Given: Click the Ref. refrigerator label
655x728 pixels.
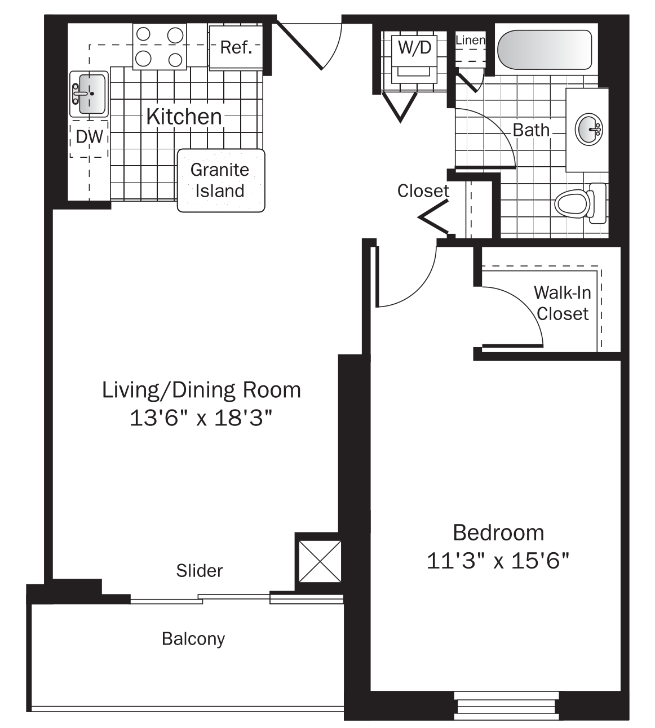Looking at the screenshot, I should pyautogui.click(x=236, y=47).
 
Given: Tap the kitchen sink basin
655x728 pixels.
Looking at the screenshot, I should pyautogui.click(x=89, y=94).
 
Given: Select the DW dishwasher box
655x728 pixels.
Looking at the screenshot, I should pyautogui.click(x=89, y=137).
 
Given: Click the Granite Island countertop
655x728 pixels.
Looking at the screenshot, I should pyautogui.click(x=220, y=180).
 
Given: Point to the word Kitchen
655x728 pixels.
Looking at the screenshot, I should pyautogui.click(x=184, y=117).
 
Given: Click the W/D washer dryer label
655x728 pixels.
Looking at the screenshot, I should pyautogui.click(x=414, y=47).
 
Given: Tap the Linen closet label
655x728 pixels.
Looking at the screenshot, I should pyautogui.click(x=470, y=41).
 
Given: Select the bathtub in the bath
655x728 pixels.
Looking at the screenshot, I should pyautogui.click(x=545, y=50).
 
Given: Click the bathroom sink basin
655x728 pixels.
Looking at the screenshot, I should pyautogui.click(x=588, y=129).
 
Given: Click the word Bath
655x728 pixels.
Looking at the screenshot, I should pyautogui.click(x=531, y=130).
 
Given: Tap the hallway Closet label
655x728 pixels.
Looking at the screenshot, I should pyautogui.click(x=423, y=191).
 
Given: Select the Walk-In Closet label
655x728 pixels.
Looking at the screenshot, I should pyautogui.click(x=562, y=303).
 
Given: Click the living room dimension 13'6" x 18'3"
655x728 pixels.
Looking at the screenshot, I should pyautogui.click(x=201, y=418).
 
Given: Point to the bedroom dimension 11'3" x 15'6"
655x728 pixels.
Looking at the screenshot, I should pyautogui.click(x=498, y=561).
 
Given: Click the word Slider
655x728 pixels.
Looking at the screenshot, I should pyautogui.click(x=200, y=570).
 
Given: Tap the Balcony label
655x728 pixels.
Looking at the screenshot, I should pyautogui.click(x=193, y=638).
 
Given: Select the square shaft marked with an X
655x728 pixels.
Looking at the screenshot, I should pyautogui.click(x=320, y=561).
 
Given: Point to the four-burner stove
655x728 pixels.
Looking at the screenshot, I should pyautogui.click(x=160, y=47).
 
